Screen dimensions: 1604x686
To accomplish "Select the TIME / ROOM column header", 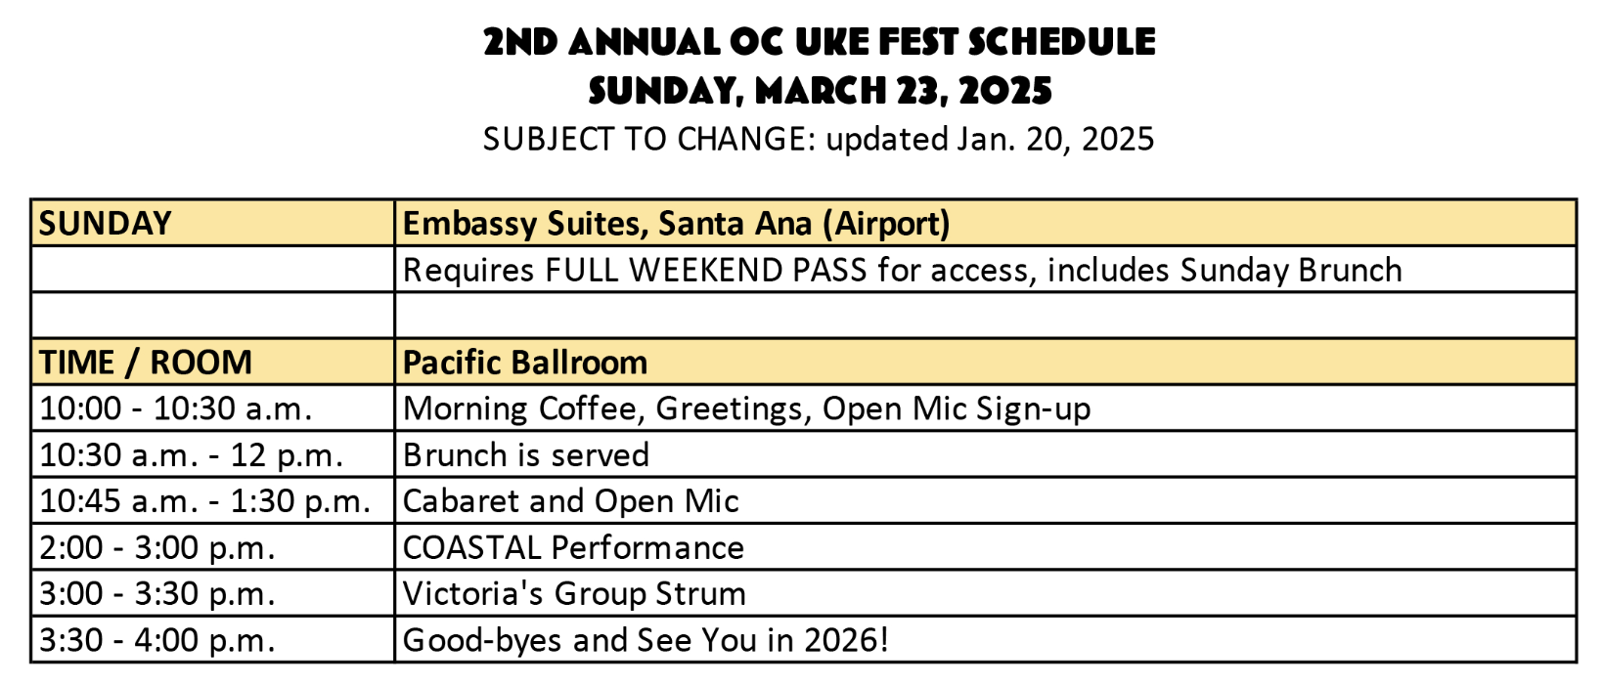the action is click(146, 362).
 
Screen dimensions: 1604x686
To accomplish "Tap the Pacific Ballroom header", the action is click(525, 362).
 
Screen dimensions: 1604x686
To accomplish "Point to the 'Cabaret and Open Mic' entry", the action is click(571, 500).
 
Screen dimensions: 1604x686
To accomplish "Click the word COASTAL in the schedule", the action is click(471, 548).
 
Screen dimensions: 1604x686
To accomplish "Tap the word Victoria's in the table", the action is click(473, 594).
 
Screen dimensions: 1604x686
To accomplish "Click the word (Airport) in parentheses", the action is click(886, 223).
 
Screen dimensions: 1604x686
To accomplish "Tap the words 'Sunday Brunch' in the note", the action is click(1291, 271).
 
